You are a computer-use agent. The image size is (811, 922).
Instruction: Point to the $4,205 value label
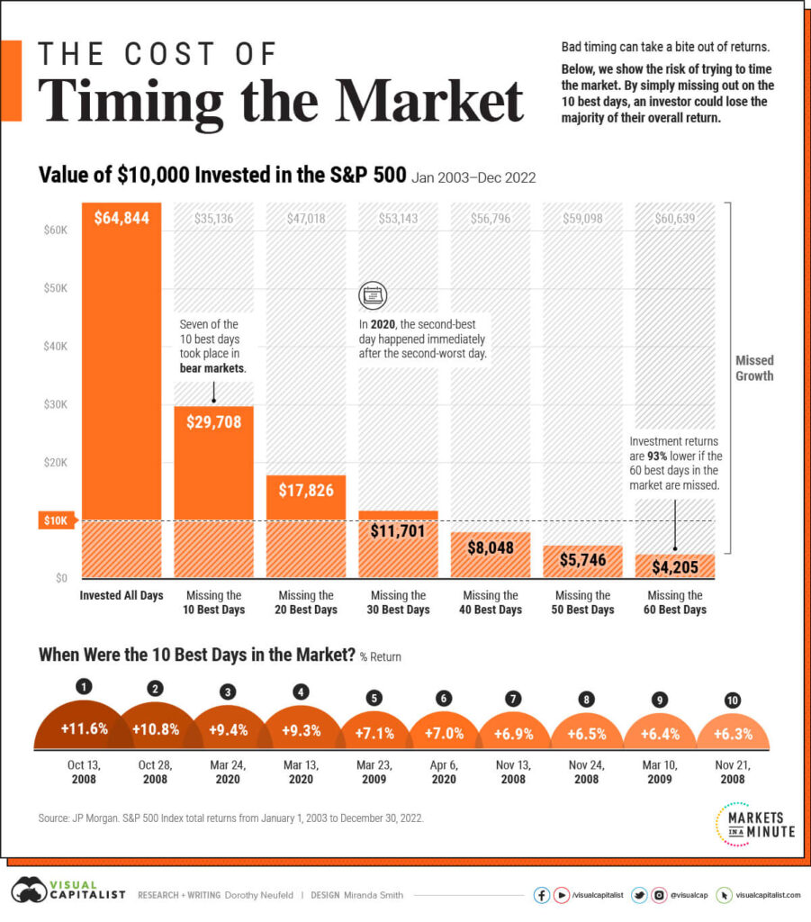tap(675, 567)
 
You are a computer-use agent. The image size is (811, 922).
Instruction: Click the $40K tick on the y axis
tap(56, 347)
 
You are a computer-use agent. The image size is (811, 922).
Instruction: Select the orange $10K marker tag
tap(57, 520)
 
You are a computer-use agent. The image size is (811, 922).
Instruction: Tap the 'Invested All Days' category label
tap(121, 596)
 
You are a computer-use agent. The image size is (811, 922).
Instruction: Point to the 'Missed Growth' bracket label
tap(754, 366)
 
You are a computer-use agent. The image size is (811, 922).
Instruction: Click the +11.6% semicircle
tap(85, 730)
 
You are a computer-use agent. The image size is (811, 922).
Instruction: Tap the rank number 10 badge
tap(733, 700)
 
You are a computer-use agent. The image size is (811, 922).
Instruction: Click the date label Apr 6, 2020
tap(444, 771)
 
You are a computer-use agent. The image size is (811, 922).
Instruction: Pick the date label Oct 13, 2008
tap(84, 771)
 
